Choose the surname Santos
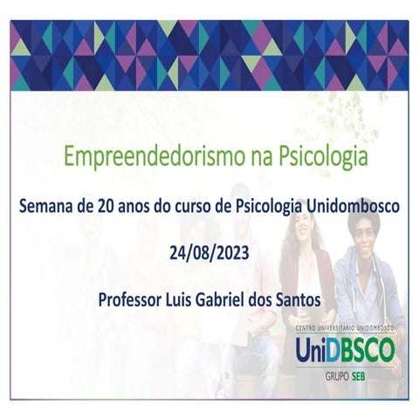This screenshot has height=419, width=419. tap(304, 299)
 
